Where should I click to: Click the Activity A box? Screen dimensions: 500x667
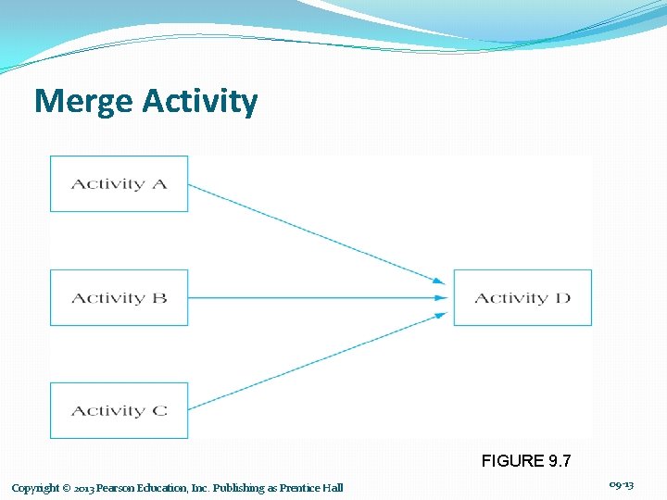119,183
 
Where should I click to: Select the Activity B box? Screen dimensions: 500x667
119,297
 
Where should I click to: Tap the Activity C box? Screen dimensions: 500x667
119,410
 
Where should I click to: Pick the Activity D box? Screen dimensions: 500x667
522,297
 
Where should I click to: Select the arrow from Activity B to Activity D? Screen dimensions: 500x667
315,297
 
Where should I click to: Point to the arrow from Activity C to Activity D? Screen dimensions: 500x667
315,361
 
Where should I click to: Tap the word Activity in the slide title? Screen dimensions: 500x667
200,102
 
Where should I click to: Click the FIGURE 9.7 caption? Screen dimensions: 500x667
525,460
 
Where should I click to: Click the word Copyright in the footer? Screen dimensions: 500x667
35,488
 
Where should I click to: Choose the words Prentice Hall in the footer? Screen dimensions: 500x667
311,488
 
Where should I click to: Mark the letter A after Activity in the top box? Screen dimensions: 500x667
159,183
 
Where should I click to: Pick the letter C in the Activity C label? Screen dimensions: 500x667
159,410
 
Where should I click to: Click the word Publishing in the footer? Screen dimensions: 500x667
240,488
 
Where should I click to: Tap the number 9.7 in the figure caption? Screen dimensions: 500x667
559,460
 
